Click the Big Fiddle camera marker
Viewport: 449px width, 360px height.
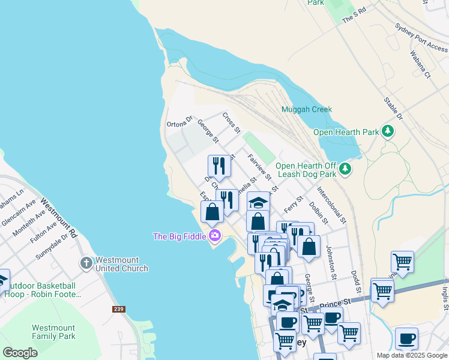(214, 236)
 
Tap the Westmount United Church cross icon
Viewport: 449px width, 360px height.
(86, 263)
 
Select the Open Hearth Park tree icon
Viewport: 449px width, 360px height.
(388, 131)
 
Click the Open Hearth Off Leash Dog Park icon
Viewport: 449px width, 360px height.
(345, 169)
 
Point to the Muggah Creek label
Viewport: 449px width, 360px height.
(307, 110)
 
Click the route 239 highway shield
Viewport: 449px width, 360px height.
(118, 310)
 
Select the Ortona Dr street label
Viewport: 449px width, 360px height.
(179, 121)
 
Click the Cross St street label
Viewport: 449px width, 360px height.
(231, 122)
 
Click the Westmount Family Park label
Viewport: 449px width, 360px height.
(53, 332)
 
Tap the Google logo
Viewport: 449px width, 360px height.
(20, 352)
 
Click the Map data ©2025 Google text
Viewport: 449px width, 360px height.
(411, 355)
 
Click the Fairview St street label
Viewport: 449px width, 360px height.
(259, 167)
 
